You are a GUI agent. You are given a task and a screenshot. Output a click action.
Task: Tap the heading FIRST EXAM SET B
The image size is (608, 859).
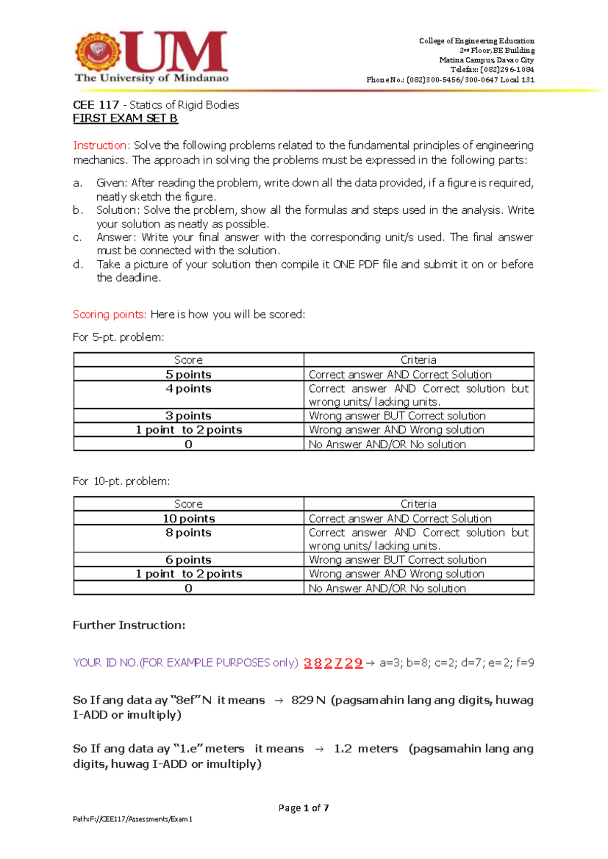click(x=125, y=119)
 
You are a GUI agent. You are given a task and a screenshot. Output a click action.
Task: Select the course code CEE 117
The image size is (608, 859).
click(x=96, y=105)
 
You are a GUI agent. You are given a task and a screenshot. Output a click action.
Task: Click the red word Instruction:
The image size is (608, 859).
click(x=102, y=145)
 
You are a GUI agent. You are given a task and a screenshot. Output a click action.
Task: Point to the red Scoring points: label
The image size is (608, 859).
click(x=109, y=315)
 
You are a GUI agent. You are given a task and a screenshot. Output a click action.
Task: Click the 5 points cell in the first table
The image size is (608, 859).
click(x=188, y=374)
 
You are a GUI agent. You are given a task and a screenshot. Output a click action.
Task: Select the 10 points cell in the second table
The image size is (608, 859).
click(x=188, y=519)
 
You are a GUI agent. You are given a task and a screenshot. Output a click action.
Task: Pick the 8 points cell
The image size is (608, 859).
click(x=188, y=533)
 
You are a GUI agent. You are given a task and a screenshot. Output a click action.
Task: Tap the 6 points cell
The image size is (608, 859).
click(x=188, y=560)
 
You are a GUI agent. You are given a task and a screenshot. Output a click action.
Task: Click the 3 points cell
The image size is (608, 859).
click(x=188, y=416)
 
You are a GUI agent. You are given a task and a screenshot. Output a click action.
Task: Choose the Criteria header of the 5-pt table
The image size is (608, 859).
click(x=419, y=360)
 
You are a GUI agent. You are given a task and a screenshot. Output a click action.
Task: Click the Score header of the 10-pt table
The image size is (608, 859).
click(x=188, y=504)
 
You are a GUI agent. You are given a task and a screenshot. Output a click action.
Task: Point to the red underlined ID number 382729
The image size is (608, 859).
click(x=333, y=663)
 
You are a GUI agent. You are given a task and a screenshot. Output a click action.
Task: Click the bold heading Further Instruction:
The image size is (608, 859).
click(x=129, y=625)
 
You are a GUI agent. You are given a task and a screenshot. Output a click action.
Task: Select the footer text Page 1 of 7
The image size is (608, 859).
click(x=303, y=808)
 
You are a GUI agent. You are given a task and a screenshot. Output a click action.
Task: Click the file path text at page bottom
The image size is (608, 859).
click(x=132, y=819)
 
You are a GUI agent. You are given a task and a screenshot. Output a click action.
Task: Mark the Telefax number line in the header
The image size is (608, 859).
click(x=492, y=69)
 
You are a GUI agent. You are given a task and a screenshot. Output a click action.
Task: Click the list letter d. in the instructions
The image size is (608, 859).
click(x=78, y=264)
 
